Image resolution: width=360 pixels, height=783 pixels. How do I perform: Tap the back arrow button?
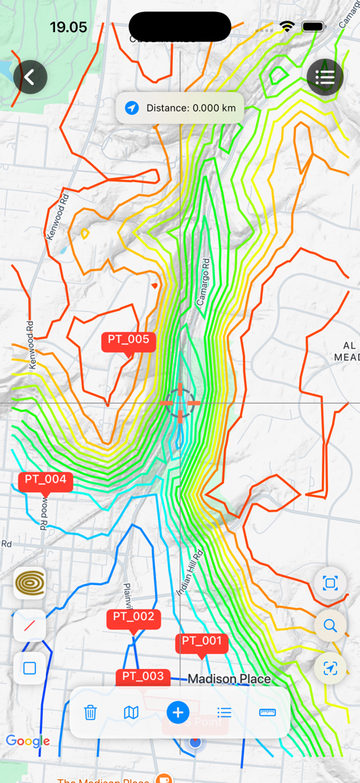[x=30, y=77]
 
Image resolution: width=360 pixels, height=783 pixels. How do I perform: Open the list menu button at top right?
[x=325, y=76]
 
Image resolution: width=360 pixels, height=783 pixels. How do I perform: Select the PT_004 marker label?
[x=46, y=481]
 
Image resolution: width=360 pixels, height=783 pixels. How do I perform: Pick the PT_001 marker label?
[x=201, y=642]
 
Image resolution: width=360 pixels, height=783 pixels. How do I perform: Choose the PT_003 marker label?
[x=143, y=677]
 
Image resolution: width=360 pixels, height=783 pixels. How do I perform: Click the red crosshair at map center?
[x=180, y=402]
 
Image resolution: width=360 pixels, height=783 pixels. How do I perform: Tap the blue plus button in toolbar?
[x=177, y=713]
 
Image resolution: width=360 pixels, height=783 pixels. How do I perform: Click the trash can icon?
[x=90, y=713]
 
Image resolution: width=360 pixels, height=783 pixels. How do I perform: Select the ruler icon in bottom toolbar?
[x=268, y=713]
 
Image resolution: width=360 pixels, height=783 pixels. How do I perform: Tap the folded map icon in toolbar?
[x=131, y=713]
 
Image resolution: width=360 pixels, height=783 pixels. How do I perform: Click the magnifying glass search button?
[x=330, y=626]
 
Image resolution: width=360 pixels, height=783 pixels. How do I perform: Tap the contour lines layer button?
[x=30, y=583]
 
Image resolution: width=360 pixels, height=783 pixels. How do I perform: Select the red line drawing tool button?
[x=30, y=626]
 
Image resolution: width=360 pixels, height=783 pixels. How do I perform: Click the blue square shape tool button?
[x=30, y=668]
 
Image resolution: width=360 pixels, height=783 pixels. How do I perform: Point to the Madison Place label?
[x=229, y=679]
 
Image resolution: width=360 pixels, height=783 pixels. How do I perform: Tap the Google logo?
[x=28, y=741]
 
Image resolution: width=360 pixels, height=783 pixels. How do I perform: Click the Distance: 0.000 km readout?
[x=180, y=108]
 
